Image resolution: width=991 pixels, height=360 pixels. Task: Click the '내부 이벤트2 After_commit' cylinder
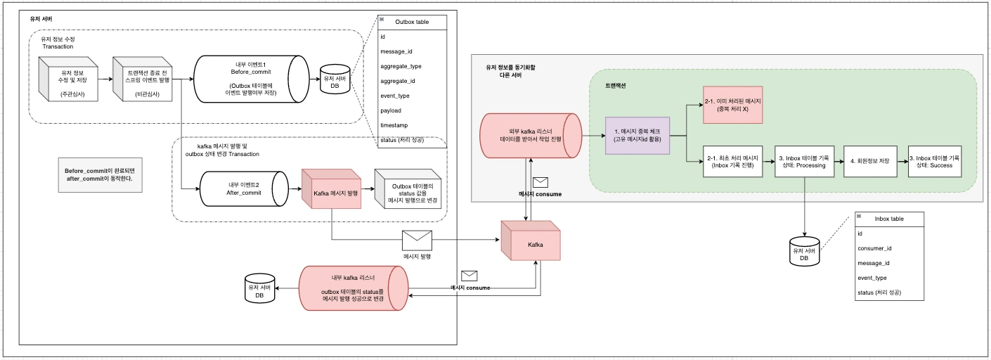(243, 188)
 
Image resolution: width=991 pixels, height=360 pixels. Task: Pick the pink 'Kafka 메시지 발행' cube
(330, 190)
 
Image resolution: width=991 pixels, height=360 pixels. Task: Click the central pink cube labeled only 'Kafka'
(531, 243)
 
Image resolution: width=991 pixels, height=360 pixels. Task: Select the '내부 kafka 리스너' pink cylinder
(354, 288)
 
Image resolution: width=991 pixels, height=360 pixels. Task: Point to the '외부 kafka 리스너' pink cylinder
(531, 136)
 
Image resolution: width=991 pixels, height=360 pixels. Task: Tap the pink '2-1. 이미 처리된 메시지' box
(733, 105)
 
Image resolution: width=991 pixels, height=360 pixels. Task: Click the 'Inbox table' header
(889, 219)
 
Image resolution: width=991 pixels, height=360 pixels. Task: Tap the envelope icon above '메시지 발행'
(416, 240)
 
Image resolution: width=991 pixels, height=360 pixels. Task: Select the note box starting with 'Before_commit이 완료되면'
(103, 175)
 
